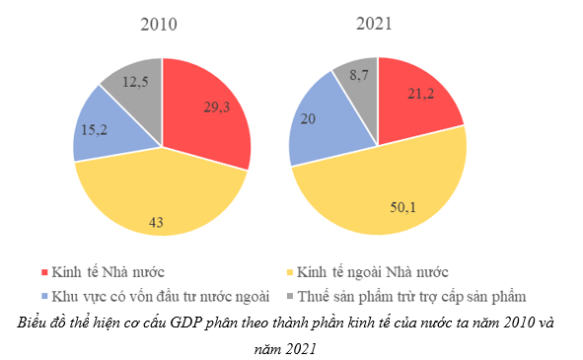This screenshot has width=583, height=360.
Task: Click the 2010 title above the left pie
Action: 159,25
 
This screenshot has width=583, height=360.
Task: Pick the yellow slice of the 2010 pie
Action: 158,202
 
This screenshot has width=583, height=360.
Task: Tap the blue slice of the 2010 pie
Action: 99,128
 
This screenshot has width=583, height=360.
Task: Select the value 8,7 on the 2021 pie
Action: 360,74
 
